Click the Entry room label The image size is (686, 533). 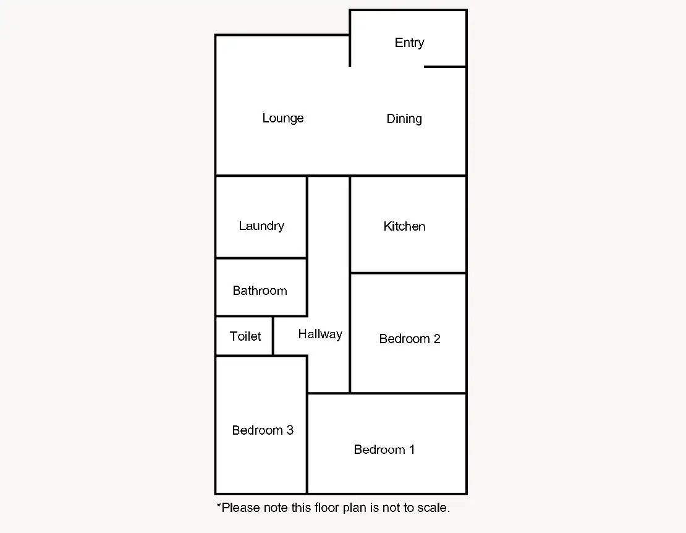409,43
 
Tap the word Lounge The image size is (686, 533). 282,118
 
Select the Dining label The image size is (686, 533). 404,119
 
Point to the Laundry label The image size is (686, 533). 261,226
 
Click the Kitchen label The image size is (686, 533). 404,226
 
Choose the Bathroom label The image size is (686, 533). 260,291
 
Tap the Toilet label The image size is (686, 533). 245,336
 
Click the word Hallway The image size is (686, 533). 320,335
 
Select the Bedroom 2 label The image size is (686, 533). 409,339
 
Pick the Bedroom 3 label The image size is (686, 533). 263,430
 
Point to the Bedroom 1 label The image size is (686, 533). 384,450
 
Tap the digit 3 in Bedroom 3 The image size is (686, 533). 289,430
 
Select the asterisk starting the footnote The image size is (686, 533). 219,507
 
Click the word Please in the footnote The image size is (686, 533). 240,508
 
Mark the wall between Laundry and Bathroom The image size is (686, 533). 261,258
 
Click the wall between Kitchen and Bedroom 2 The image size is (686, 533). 408,273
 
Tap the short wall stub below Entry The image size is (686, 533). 445,66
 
